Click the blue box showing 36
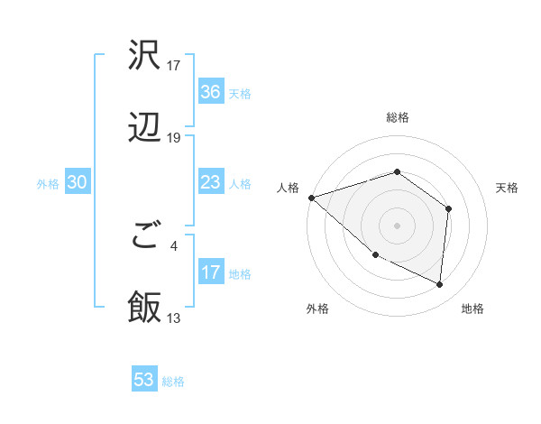(211, 92)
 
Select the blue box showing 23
(211, 182)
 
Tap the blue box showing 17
(211, 272)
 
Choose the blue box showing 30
(78, 182)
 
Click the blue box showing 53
(144, 380)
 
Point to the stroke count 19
(174, 138)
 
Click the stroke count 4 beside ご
(174, 244)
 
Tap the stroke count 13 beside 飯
(174, 318)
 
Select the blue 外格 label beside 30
(48, 183)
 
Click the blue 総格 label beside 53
(173, 382)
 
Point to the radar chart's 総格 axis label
(398, 117)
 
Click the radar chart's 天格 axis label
(508, 188)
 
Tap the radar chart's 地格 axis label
(472, 309)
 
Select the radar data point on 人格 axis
(311, 198)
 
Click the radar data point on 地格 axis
(439, 285)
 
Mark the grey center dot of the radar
(398, 225)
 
